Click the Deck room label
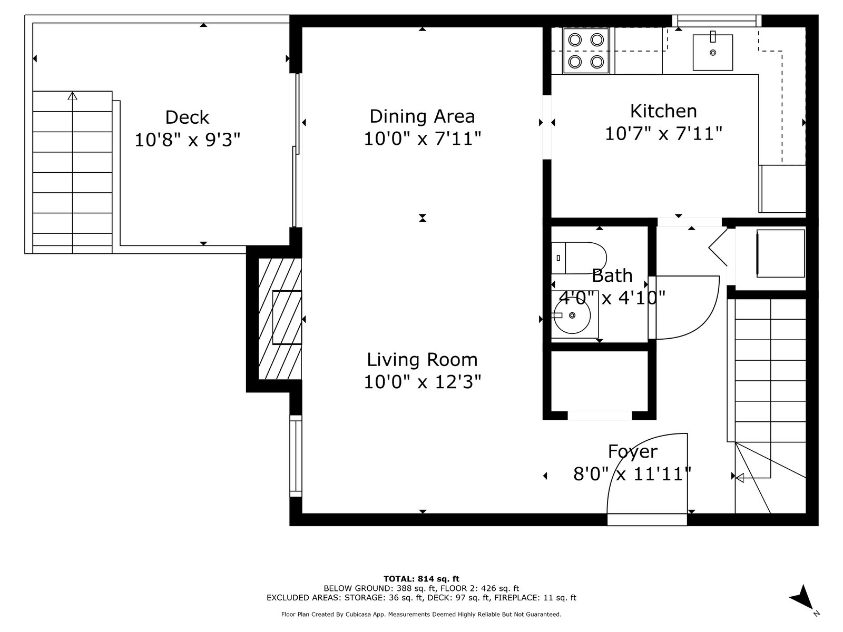[x=187, y=117]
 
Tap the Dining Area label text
[x=422, y=116]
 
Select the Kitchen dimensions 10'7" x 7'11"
[x=663, y=134]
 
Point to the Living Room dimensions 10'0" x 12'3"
[x=422, y=382]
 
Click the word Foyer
[x=633, y=452]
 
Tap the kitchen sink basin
[x=712, y=53]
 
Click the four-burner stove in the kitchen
[x=586, y=51]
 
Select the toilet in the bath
[x=579, y=258]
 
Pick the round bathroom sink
[x=572, y=315]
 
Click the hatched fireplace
[x=280, y=319]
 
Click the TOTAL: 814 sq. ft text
[x=421, y=579]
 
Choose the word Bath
[x=612, y=275]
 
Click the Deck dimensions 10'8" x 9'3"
[x=187, y=140]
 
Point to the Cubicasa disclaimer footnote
[x=421, y=614]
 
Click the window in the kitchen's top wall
[x=717, y=21]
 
